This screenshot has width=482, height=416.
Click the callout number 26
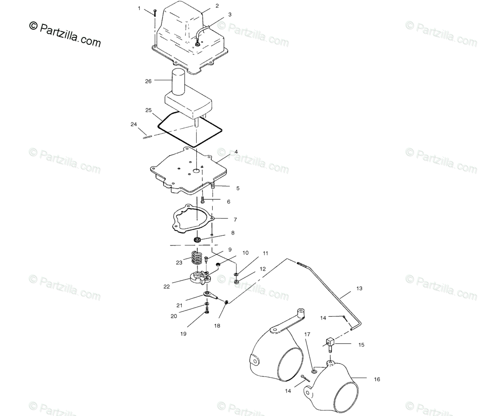[x=148, y=81]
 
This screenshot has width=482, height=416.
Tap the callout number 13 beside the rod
[x=359, y=288]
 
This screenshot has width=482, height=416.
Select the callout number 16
[x=377, y=379]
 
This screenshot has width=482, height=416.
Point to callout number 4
[x=236, y=152]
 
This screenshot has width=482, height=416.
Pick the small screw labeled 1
[x=155, y=13]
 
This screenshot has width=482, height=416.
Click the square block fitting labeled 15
[x=329, y=344]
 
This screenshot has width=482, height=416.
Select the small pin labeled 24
[x=148, y=137]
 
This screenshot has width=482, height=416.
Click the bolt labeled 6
[x=203, y=199]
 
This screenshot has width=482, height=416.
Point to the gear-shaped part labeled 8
[x=197, y=240]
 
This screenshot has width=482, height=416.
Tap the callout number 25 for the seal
[x=148, y=110]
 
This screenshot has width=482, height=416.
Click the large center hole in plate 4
[x=196, y=170]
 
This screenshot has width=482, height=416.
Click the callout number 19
[x=183, y=334]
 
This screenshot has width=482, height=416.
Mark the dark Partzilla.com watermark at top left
[x=65, y=35]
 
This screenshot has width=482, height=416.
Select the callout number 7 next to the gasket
[x=235, y=220]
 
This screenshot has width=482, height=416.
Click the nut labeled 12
[x=236, y=282]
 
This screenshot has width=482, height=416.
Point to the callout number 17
[x=308, y=334]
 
